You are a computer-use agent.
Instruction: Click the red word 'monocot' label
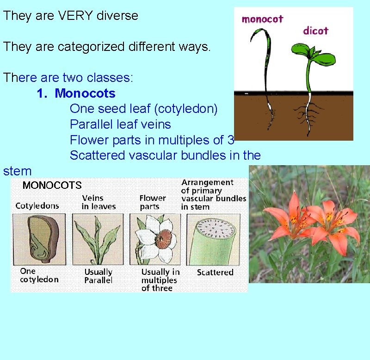(262, 19)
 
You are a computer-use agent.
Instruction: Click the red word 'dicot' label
(315, 31)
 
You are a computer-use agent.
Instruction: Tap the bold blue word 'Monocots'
(85, 93)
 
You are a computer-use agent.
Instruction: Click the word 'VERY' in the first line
(73, 15)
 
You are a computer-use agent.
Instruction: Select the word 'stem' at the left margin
(17, 171)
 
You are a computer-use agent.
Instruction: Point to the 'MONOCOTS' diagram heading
(52, 186)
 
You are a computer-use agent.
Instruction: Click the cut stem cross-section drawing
(213, 238)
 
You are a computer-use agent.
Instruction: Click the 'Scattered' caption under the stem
(215, 273)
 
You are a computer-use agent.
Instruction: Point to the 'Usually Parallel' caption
(98, 276)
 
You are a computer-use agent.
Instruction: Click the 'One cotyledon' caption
(39, 275)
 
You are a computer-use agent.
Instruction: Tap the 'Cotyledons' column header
(37, 206)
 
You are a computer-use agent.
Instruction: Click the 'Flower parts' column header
(153, 202)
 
